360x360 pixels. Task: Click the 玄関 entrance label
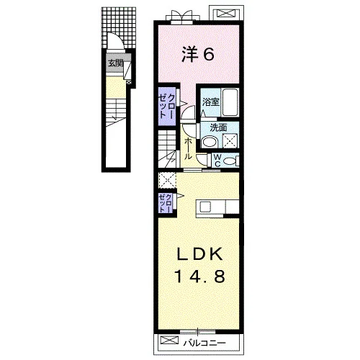point(116,63)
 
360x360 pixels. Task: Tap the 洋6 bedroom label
point(198,55)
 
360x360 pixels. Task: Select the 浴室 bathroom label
point(211,102)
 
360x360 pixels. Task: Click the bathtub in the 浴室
point(230,103)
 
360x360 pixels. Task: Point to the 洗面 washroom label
point(218,128)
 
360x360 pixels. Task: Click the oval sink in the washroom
point(209,142)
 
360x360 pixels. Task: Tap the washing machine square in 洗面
point(230,141)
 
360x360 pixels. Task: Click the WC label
point(217,161)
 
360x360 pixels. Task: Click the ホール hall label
point(188,149)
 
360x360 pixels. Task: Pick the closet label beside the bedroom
point(166,106)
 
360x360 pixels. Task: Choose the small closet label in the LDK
point(166,204)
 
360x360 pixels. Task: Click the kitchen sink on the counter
point(205,206)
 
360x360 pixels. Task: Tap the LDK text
point(199,255)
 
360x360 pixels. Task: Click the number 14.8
point(199,276)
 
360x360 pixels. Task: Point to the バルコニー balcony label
point(204,343)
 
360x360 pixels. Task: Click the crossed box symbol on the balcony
point(169,340)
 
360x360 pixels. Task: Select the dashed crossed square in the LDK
point(168,180)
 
